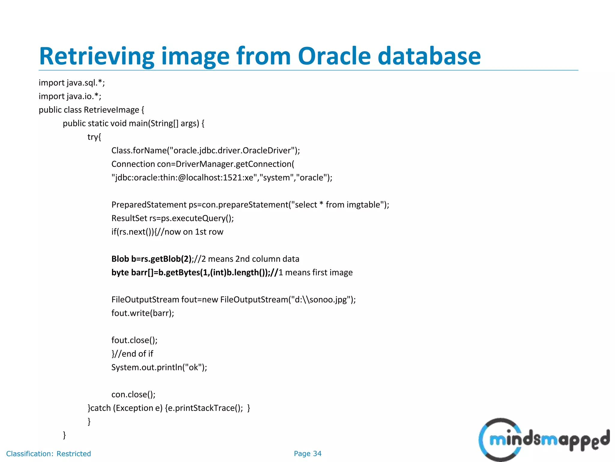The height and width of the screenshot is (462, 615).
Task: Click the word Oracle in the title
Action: point(334,56)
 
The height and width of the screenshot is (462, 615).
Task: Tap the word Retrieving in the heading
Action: point(96,57)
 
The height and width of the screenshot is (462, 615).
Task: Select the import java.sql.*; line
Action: point(72,83)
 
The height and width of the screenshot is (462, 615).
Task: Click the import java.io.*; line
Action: point(70,96)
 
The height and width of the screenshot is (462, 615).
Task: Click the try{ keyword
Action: point(94,137)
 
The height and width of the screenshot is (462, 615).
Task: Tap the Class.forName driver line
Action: point(205,150)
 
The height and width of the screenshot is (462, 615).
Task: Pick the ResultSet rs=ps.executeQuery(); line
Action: point(172,218)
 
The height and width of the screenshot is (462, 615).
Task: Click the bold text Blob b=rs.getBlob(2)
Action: point(151,259)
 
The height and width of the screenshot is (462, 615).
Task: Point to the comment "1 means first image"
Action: point(316,273)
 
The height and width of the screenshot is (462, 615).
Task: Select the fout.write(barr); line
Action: point(143,313)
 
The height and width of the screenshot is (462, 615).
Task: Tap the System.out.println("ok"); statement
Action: point(159,368)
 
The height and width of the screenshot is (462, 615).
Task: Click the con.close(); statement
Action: point(133,395)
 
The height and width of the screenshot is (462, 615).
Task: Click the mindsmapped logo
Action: point(544,440)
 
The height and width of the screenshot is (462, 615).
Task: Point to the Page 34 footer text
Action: point(307,454)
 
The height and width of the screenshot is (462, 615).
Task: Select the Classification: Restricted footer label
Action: point(48,454)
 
